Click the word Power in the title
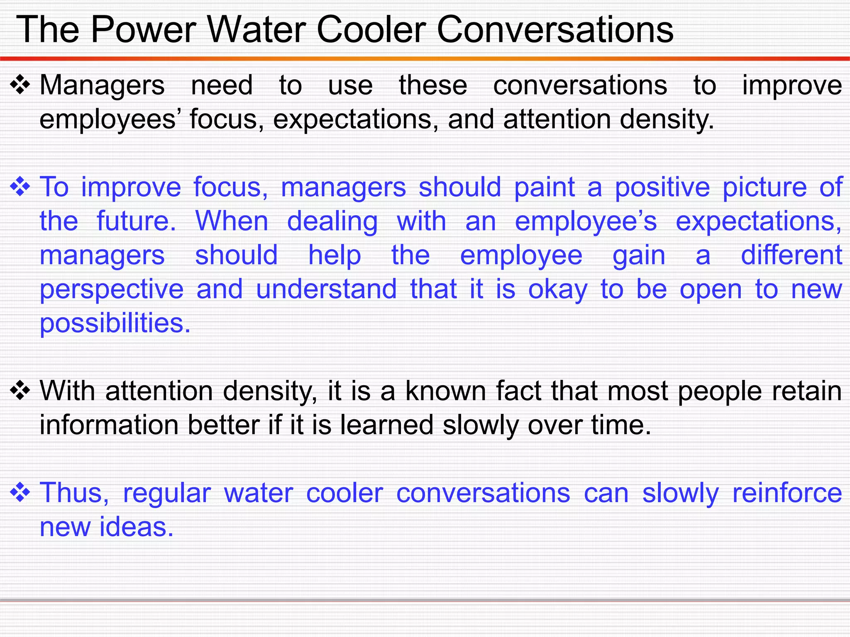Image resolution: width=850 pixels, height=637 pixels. pyautogui.click(x=143, y=29)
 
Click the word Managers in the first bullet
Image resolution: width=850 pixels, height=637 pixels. pyautogui.click(x=102, y=85)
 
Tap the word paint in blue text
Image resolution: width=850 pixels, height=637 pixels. pyautogui.click(x=544, y=187)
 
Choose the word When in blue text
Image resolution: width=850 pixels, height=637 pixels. pyautogui.click(x=232, y=221)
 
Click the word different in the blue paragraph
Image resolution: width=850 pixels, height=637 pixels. pyautogui.click(x=791, y=255)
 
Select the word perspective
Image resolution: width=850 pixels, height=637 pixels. pyautogui.click(x=111, y=289)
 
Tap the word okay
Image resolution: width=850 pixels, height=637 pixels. pyautogui.click(x=558, y=289)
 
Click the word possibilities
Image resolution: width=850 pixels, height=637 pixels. pyautogui.click(x=115, y=323)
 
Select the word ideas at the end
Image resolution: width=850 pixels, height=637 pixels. pyautogui.click(x=136, y=527)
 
